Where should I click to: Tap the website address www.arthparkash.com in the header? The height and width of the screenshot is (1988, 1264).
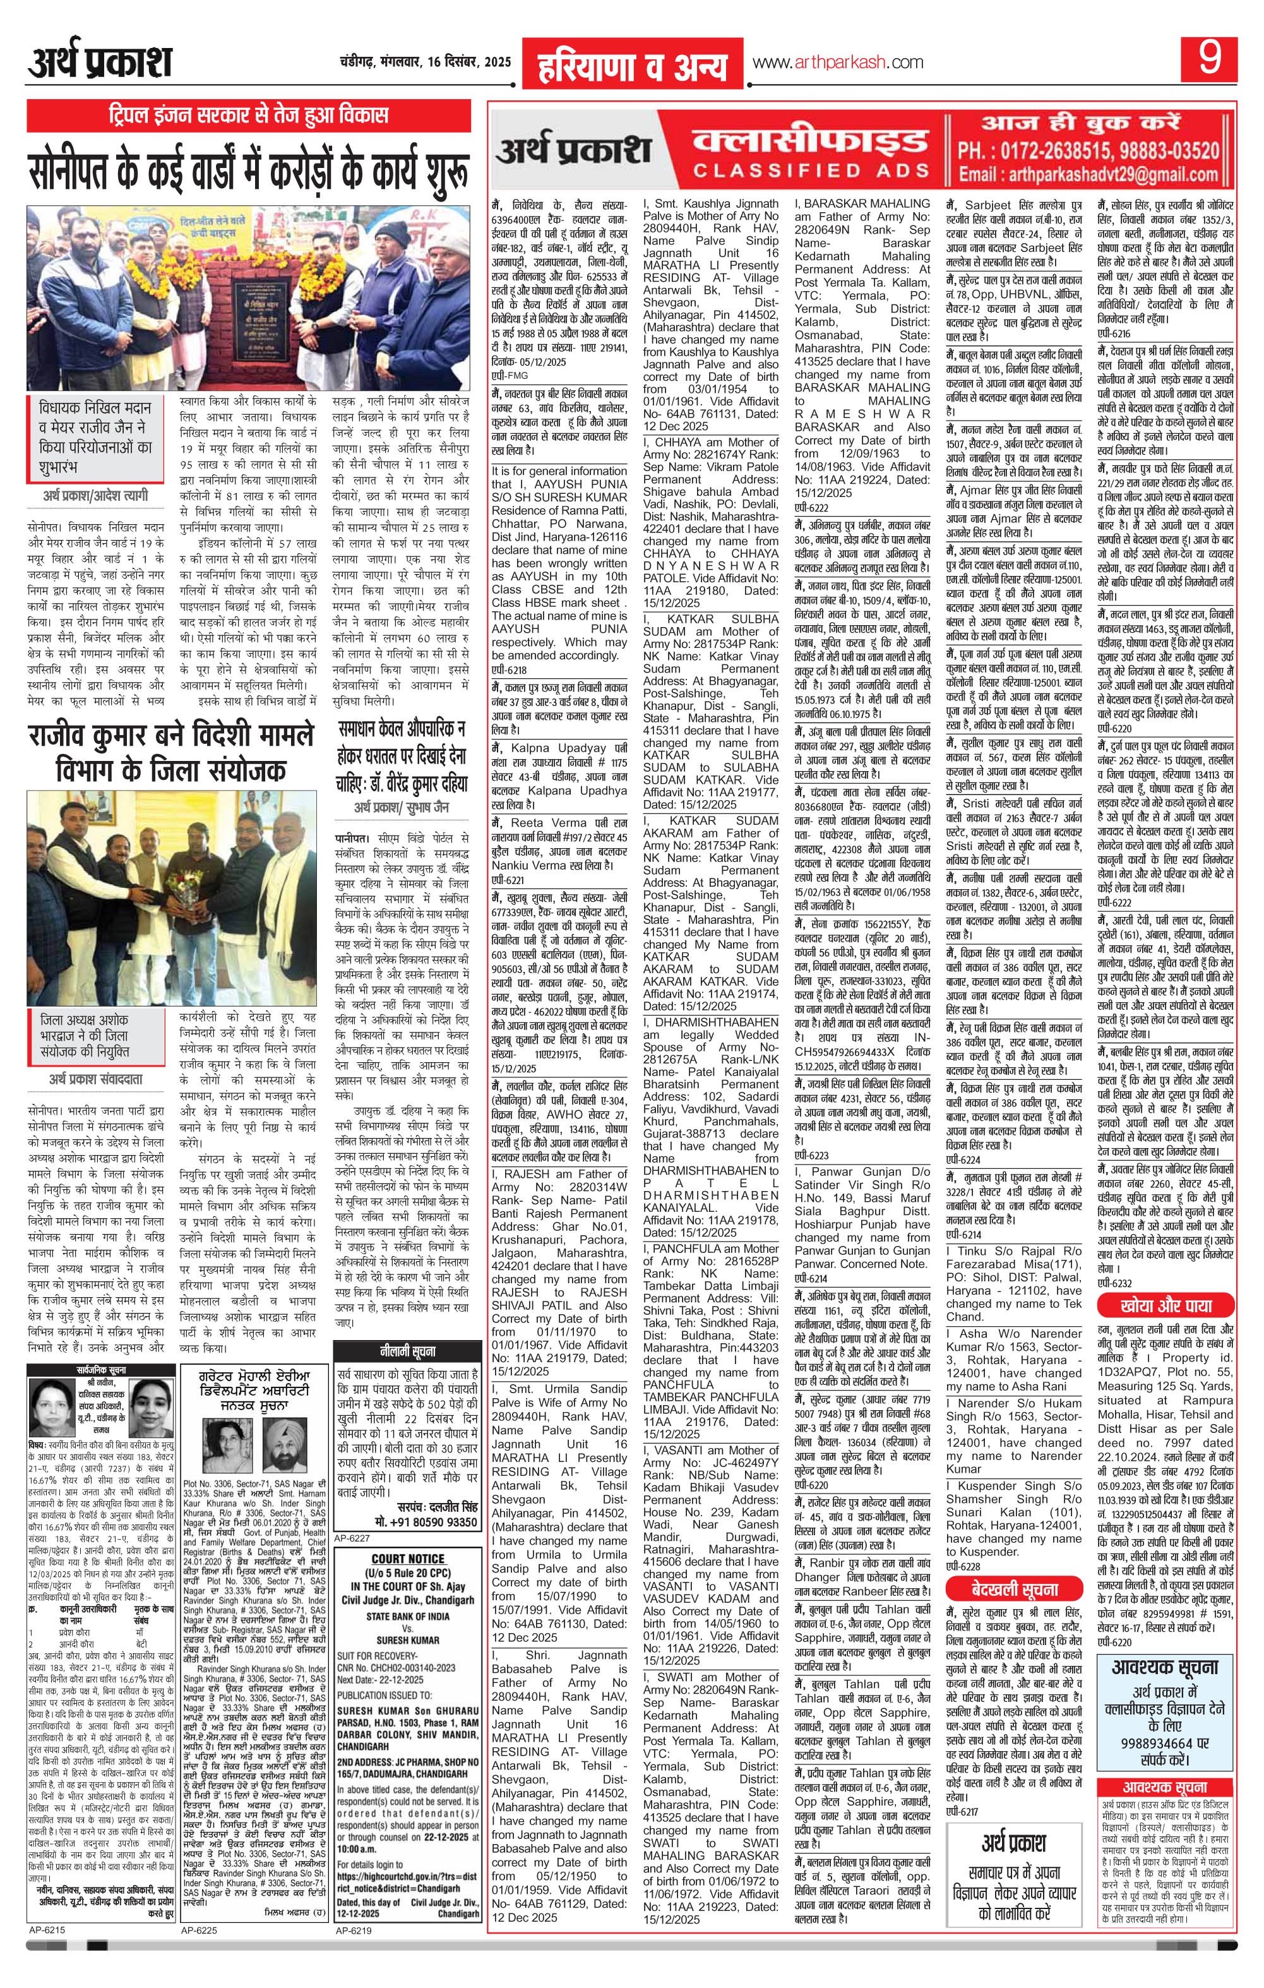pyautogui.click(x=837, y=63)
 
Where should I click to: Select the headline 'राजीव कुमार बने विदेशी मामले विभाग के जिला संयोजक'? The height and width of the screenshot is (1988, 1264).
pyautogui.click(x=172, y=752)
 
